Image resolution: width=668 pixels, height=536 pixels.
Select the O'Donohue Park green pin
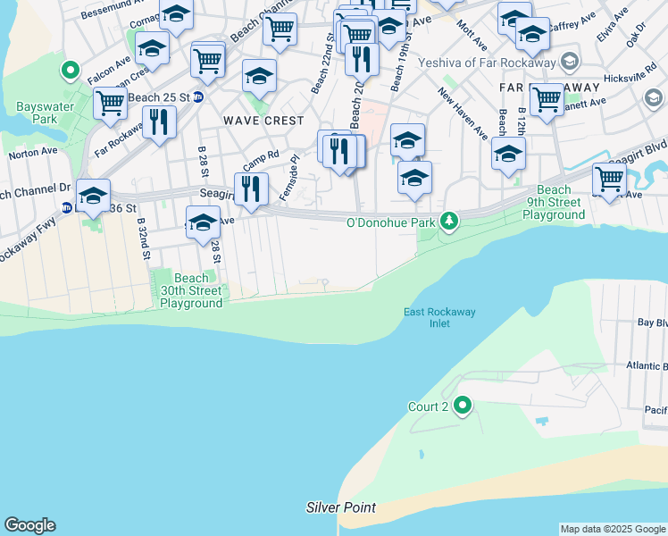[x=451, y=220]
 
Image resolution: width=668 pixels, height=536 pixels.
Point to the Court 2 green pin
[x=462, y=406]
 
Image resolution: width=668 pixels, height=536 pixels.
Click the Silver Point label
[x=340, y=507]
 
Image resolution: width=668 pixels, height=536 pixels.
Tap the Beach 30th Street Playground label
[x=190, y=290]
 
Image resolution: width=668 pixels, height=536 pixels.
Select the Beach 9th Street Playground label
[x=554, y=203]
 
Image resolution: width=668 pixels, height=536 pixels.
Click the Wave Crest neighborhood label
[x=263, y=121]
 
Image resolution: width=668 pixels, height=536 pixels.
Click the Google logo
[x=29, y=525]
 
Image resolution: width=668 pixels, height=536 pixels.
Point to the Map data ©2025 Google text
[x=613, y=529]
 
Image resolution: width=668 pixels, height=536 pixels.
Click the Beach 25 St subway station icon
[x=198, y=96]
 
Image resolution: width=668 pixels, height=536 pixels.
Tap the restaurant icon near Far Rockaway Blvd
[x=159, y=122]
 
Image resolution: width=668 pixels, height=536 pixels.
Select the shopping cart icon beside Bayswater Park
[x=111, y=102]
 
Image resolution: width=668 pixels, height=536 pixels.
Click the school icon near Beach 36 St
[x=93, y=197]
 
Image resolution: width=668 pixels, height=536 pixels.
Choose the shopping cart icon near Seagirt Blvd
[x=609, y=178]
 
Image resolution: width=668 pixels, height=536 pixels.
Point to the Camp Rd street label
[x=261, y=162]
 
